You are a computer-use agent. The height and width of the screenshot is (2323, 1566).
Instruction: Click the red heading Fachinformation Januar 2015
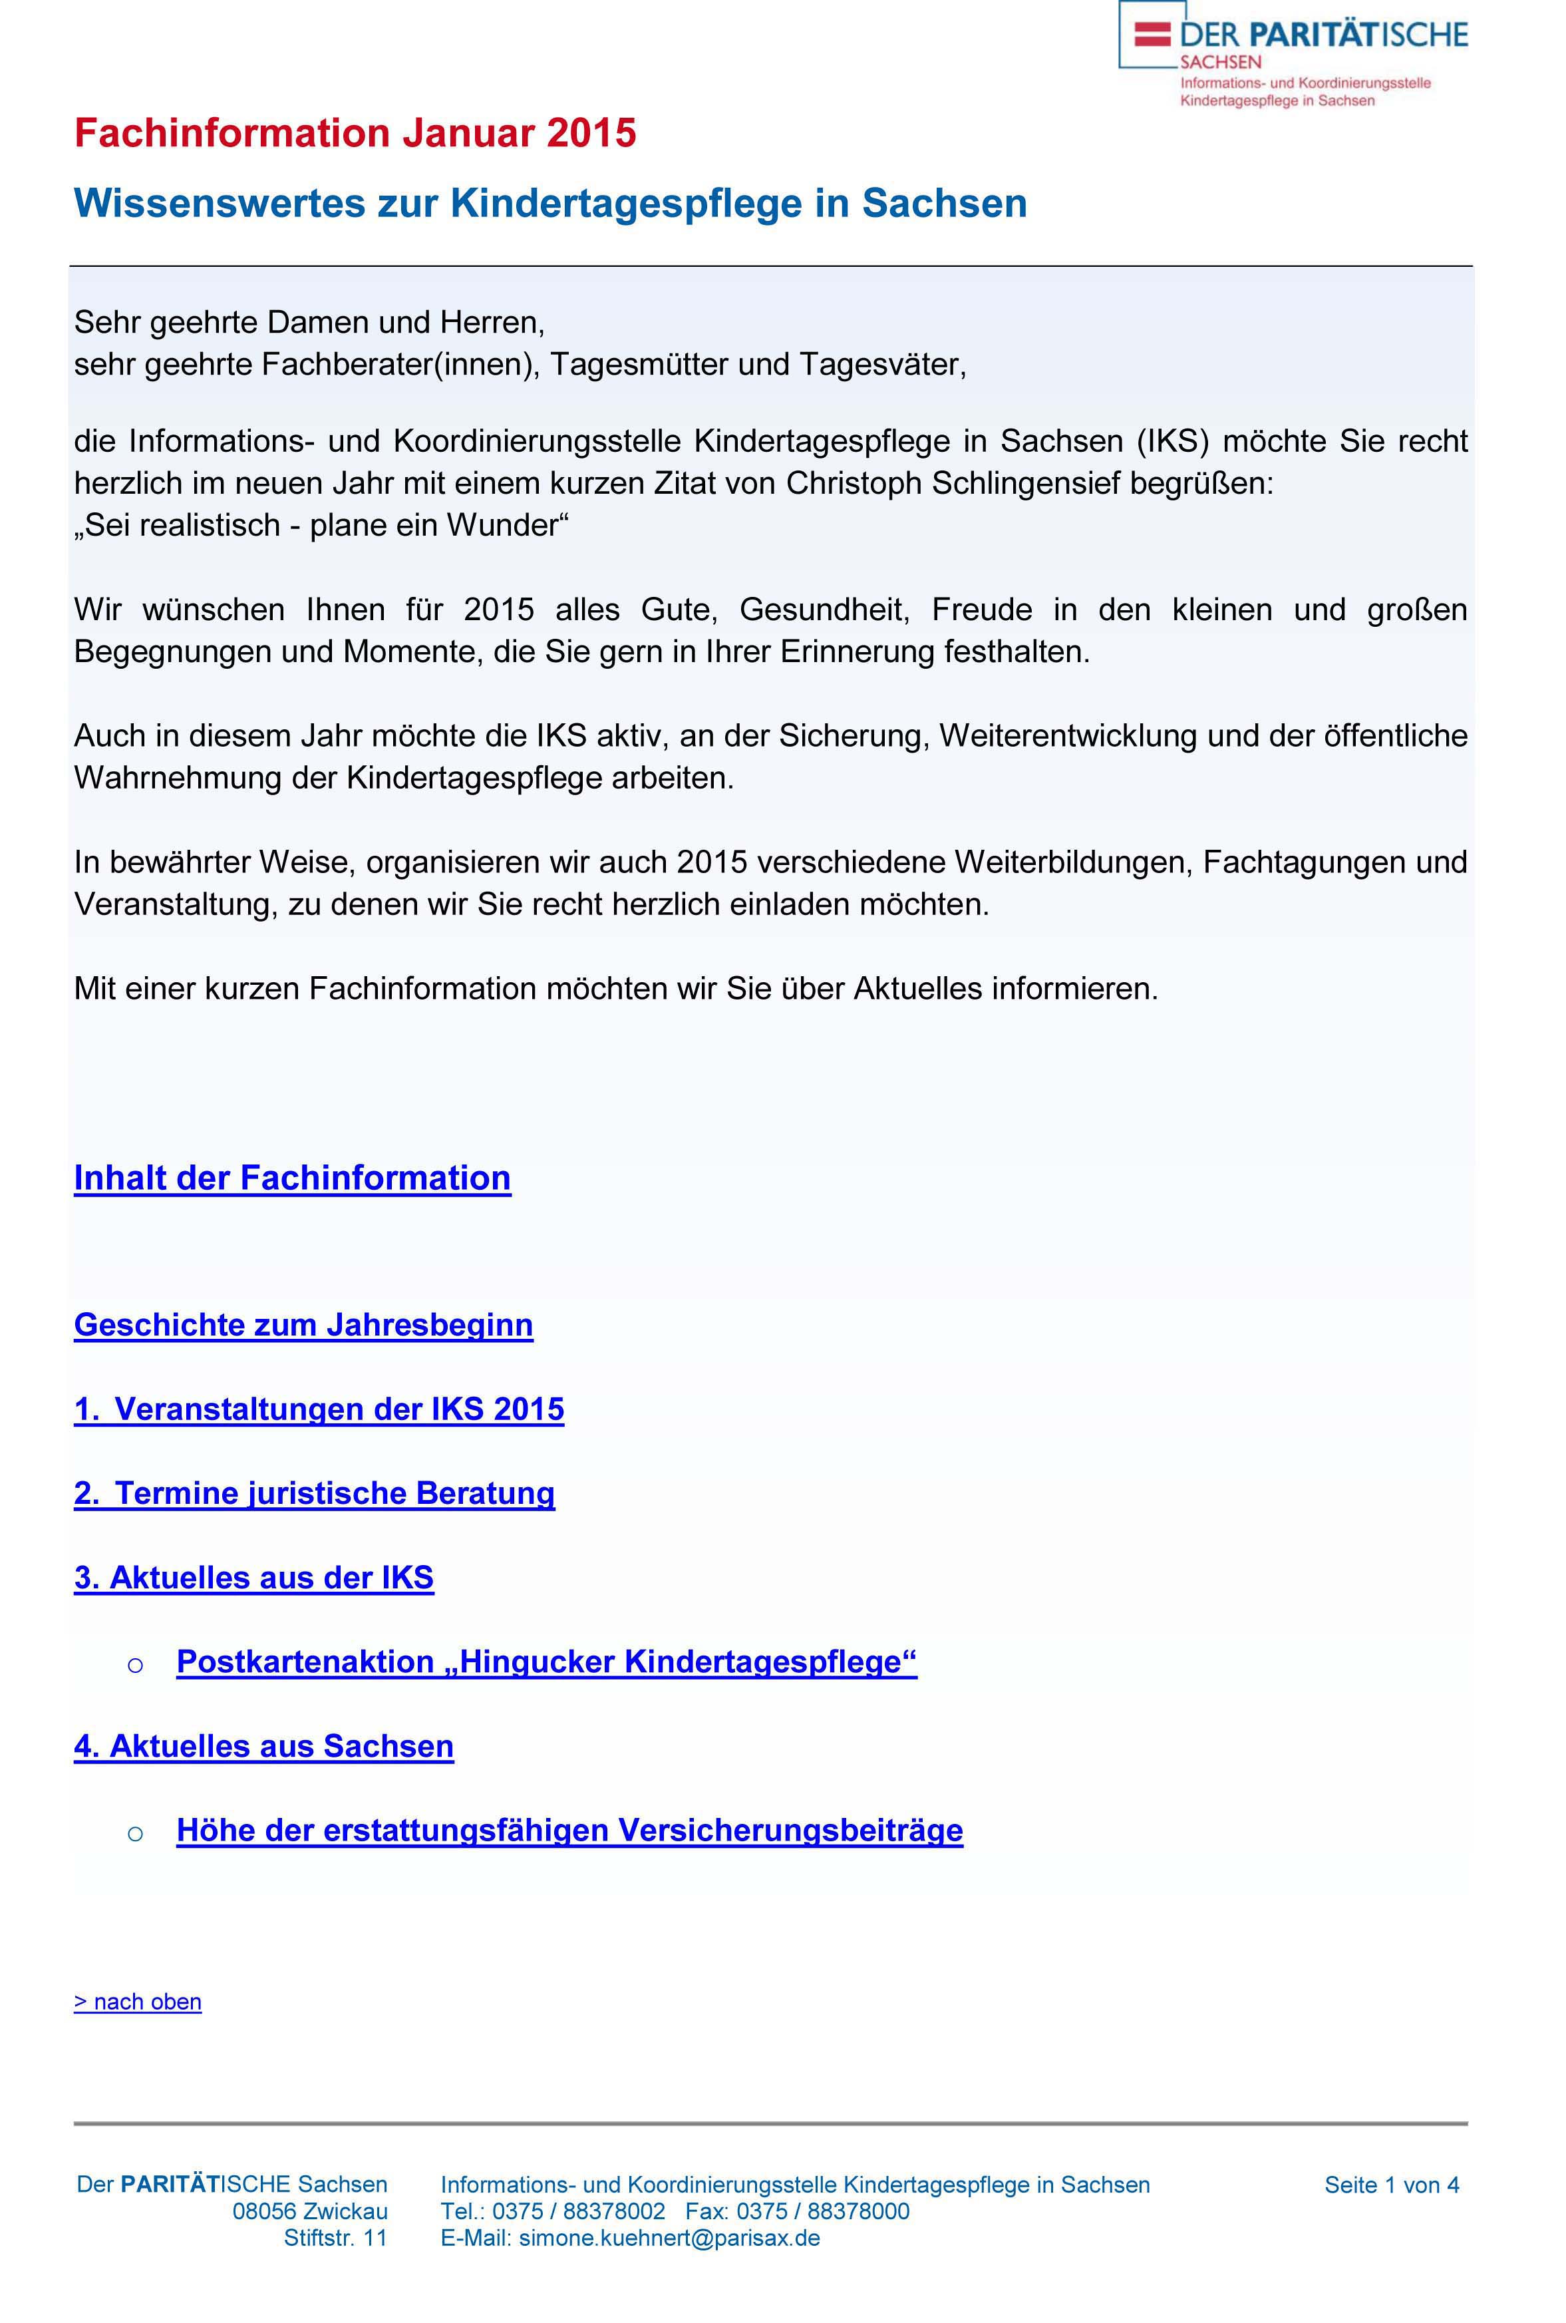[355, 133]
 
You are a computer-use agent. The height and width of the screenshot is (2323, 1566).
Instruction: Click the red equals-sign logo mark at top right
[1152, 34]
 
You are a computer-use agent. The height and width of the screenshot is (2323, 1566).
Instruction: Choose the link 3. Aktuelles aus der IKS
[253, 1577]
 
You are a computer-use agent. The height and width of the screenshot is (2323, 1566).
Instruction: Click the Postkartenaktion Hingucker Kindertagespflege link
[546, 1661]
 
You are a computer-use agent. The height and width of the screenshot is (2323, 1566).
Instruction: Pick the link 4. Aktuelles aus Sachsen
[263, 1746]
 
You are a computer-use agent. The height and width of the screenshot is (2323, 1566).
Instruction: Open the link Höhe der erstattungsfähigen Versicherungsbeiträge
[569, 1830]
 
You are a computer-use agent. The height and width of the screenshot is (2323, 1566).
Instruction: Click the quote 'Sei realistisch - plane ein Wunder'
[321, 525]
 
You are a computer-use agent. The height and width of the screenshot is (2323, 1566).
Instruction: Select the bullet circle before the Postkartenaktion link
[136, 1664]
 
